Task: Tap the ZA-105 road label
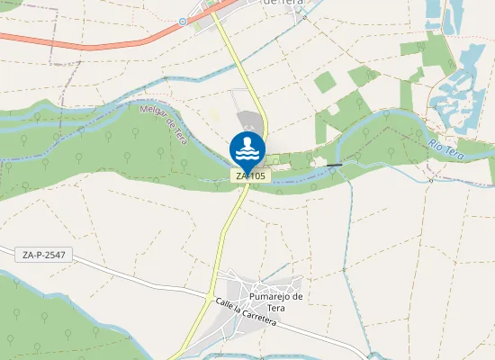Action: coord(251,176)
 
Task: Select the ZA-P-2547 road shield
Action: coord(44,256)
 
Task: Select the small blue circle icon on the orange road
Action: coord(183,20)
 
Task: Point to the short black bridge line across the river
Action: coord(335,165)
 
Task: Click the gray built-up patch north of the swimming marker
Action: coord(249,123)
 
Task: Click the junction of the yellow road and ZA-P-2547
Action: coord(210,297)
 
